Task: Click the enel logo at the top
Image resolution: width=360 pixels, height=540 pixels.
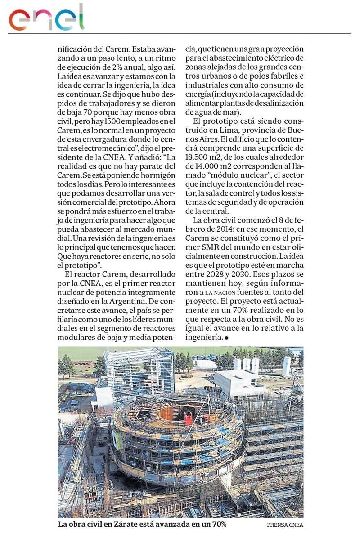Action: pos(47,18)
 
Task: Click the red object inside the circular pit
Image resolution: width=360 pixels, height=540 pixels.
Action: pos(188,418)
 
